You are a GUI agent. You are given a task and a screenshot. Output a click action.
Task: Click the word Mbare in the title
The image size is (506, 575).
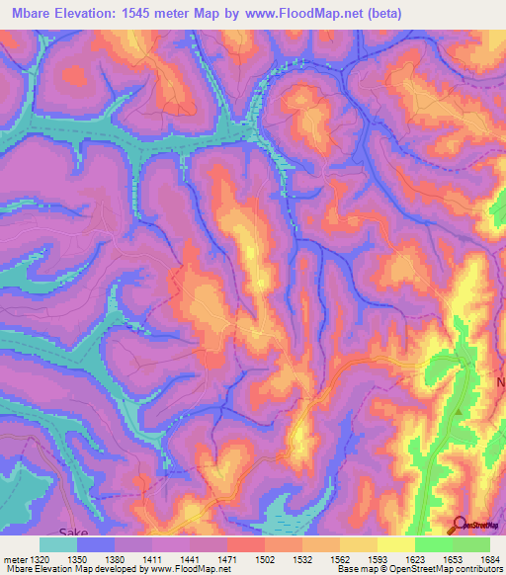(x=36, y=14)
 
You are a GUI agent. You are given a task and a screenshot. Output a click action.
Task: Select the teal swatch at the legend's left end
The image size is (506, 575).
(x=58, y=543)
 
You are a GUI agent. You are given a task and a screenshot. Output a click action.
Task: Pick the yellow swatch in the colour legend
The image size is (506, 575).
(x=396, y=543)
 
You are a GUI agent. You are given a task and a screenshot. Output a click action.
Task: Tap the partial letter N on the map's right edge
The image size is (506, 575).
(x=501, y=380)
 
